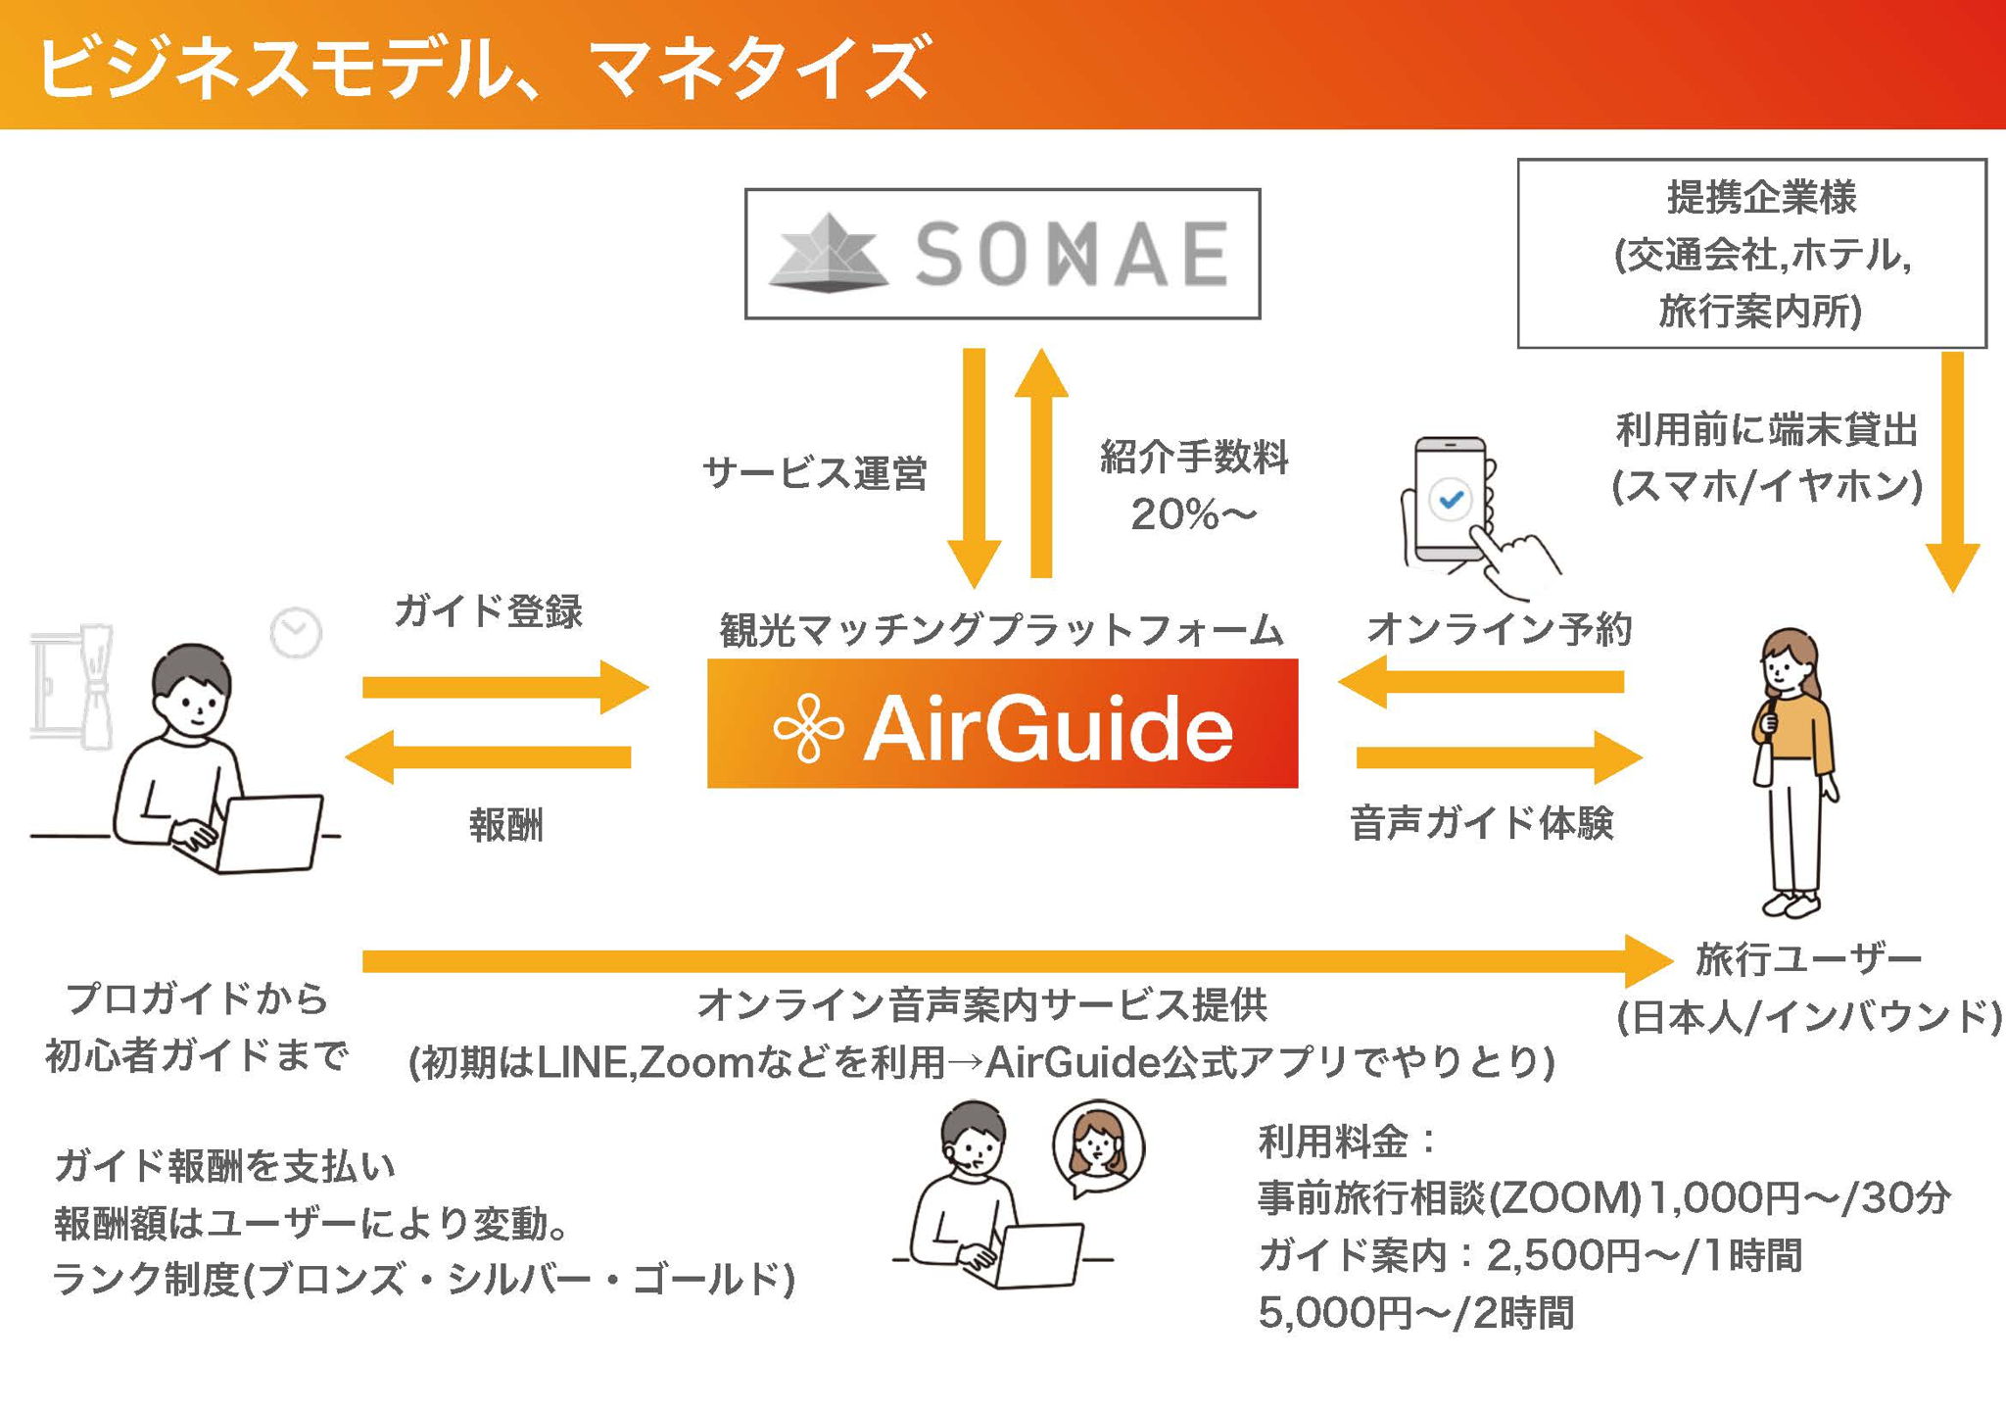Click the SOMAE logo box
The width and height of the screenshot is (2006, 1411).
[x=1002, y=254]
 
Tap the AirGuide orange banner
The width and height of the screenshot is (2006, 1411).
[x=1002, y=724]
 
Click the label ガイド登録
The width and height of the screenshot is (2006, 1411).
[x=488, y=611]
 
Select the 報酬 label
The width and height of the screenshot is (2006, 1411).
[x=505, y=825]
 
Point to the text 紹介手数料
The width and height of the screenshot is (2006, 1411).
[x=1194, y=458]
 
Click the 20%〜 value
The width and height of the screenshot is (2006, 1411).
[x=1192, y=514]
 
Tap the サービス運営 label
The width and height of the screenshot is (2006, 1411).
[x=814, y=473]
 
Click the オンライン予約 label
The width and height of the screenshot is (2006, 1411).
[x=1499, y=629]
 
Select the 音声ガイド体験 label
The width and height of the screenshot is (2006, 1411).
[x=1481, y=823]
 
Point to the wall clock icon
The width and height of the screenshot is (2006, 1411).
[x=296, y=633]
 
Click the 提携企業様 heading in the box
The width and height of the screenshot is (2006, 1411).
[x=1761, y=198]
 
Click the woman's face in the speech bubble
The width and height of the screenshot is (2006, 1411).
[x=1097, y=1143]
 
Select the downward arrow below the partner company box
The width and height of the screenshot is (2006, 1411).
[x=1952, y=470]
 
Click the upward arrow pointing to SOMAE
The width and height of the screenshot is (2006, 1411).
[x=1041, y=461]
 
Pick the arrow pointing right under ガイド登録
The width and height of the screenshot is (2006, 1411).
[x=504, y=686]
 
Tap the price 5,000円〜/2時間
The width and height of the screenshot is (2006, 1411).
[x=1415, y=1313]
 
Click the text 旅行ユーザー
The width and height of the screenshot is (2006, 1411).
[x=1808, y=959]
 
